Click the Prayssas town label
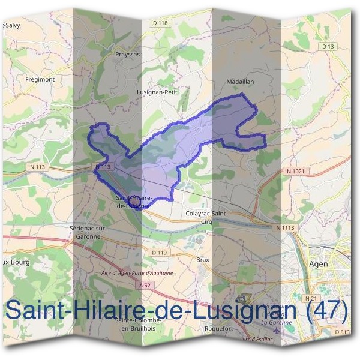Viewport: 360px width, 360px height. click(127, 54)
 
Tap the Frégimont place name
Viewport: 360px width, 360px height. click(40, 79)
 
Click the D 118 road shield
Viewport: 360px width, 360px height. click(161, 23)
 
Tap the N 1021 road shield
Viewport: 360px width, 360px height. click(296, 171)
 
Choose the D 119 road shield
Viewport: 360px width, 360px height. click(159, 253)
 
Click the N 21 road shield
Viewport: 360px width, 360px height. click(310, 298)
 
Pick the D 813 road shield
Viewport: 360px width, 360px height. click(342, 332)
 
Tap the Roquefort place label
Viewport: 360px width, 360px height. click(218, 329)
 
